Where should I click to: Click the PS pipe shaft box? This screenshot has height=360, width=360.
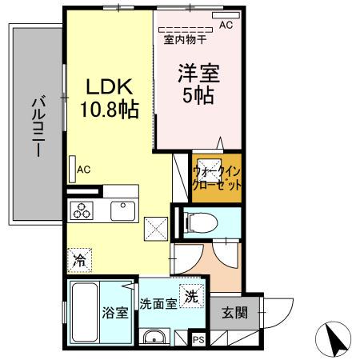click(x=198, y=340)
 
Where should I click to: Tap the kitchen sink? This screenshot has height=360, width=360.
click(x=122, y=210)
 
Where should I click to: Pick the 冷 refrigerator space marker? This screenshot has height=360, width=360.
click(x=79, y=258)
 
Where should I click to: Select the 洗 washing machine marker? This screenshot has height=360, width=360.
click(x=190, y=295)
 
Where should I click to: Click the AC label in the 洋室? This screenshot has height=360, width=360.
click(x=226, y=25)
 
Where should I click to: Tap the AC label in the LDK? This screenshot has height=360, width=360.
click(x=84, y=169)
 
